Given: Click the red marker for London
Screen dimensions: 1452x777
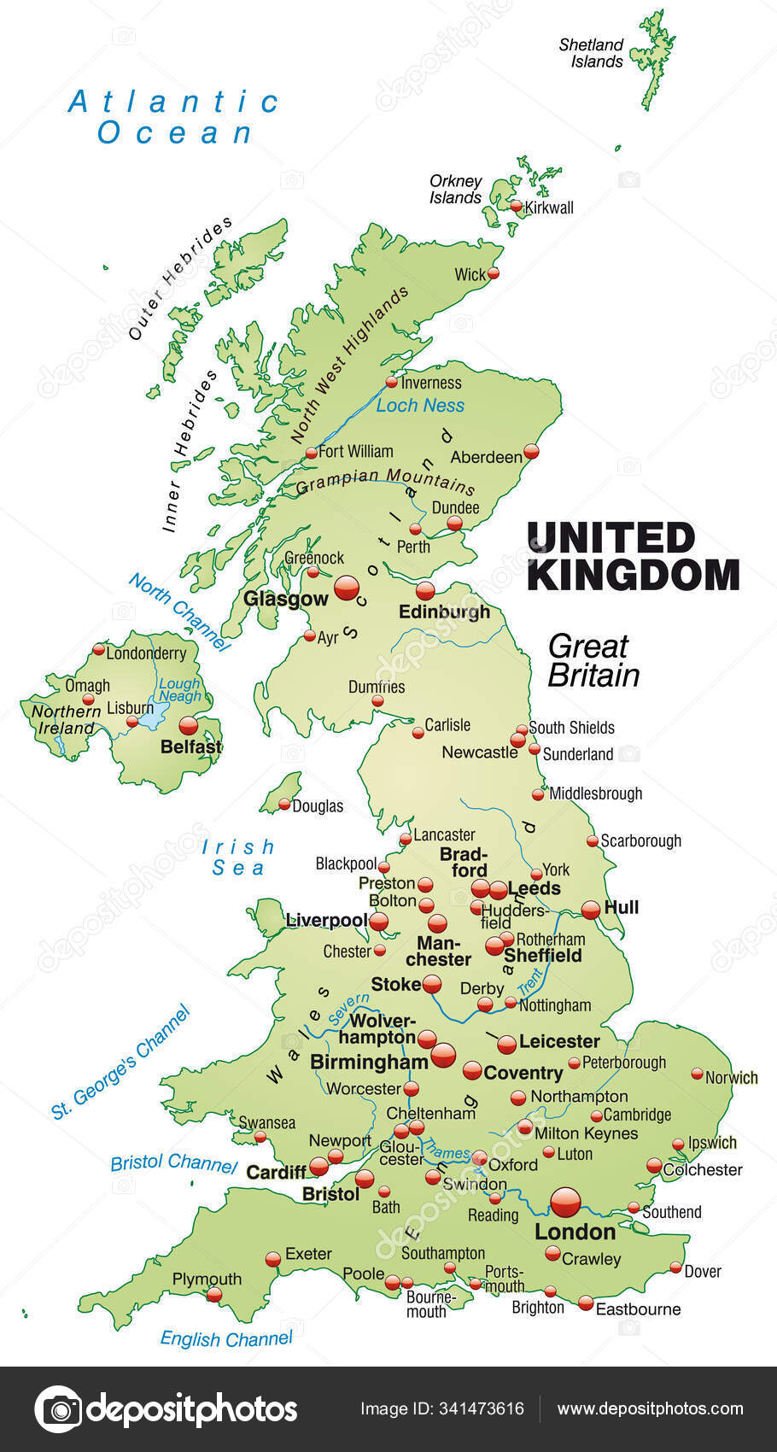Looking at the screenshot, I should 565,1202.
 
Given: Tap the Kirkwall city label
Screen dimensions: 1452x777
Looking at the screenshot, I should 549,208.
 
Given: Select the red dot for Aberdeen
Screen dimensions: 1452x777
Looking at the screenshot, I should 531,451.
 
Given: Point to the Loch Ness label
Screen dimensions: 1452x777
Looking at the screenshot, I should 420,406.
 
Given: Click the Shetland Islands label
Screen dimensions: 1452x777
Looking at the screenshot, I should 591,53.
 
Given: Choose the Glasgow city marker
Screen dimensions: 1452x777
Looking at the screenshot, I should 347,588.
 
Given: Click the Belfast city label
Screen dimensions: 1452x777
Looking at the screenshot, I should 190,746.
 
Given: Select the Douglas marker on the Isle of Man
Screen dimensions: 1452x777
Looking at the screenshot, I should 284,804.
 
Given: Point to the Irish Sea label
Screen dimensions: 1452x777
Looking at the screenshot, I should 238,858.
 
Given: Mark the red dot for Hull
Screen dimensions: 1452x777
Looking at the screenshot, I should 591,910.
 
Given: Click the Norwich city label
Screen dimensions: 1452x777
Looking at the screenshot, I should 731,1078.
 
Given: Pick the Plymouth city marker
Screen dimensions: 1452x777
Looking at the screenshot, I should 214,1295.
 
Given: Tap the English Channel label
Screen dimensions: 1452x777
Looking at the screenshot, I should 226,1338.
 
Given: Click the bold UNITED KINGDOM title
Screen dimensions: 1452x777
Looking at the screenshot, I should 632,556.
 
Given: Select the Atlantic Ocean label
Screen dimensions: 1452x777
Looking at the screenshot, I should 174,117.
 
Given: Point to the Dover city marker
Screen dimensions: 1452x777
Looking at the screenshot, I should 675,1268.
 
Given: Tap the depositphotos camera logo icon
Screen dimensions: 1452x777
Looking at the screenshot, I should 58,1408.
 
